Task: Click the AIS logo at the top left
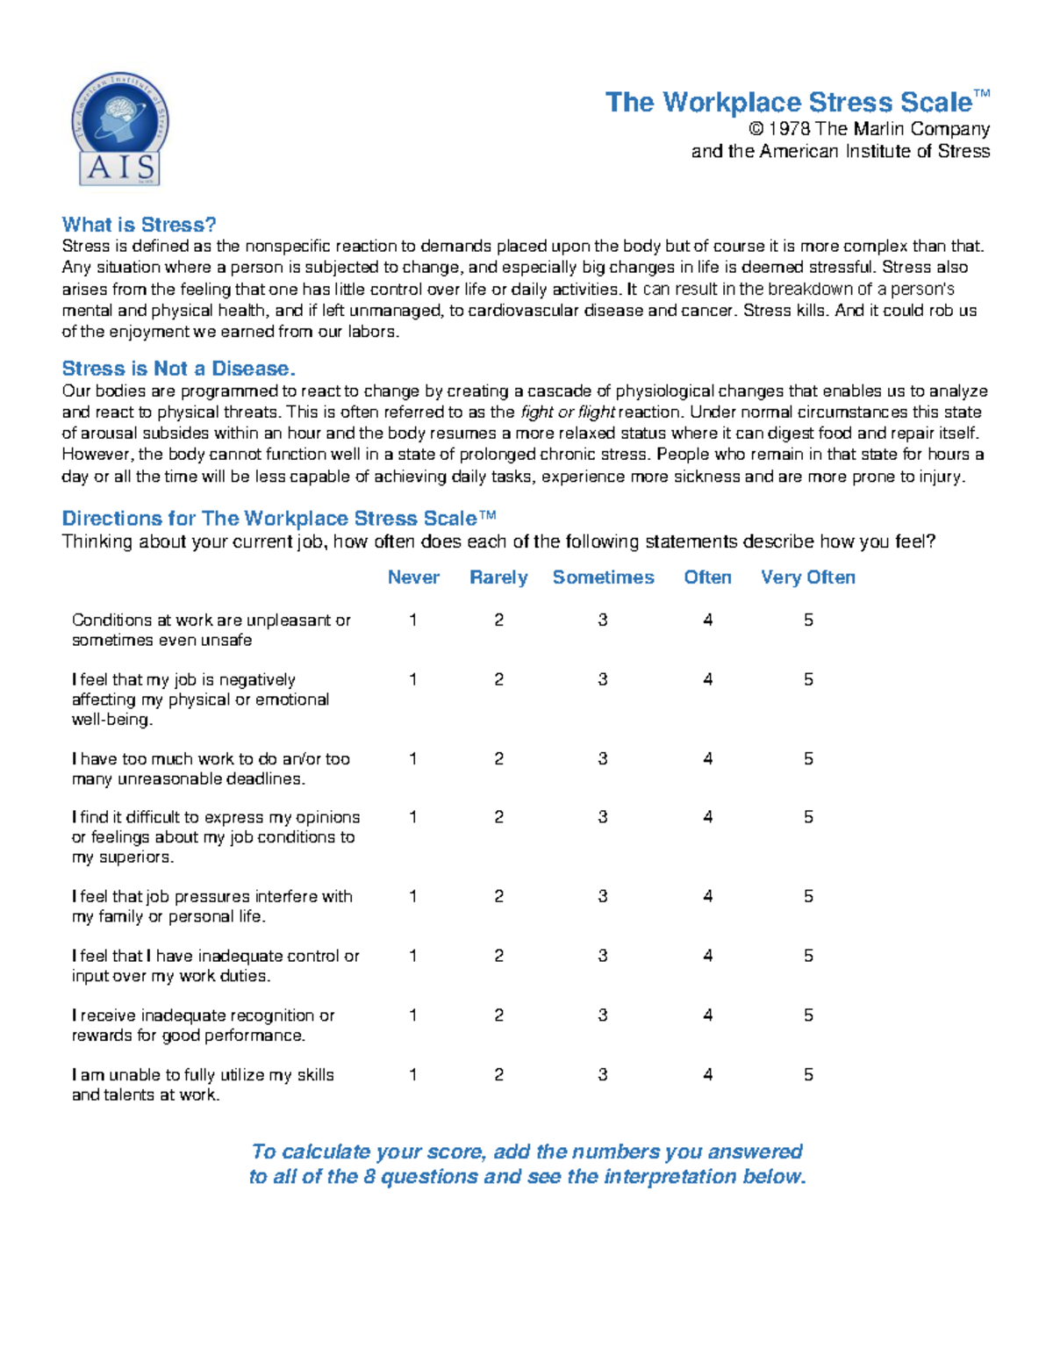(120, 129)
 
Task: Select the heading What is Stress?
(139, 225)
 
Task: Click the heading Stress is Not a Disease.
(178, 369)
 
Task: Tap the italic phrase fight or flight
(568, 412)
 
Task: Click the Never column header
(413, 577)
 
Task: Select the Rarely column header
(498, 577)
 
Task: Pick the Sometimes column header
(603, 577)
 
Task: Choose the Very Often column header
(807, 577)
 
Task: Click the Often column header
(707, 577)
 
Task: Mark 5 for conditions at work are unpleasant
(808, 621)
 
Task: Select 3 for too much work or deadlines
(603, 759)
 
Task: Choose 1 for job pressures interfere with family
(413, 897)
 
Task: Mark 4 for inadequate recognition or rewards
(707, 1015)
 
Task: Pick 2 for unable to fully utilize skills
(498, 1075)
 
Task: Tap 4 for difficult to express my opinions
(707, 817)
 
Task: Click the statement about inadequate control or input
(215, 965)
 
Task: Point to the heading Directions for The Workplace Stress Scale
(279, 519)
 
